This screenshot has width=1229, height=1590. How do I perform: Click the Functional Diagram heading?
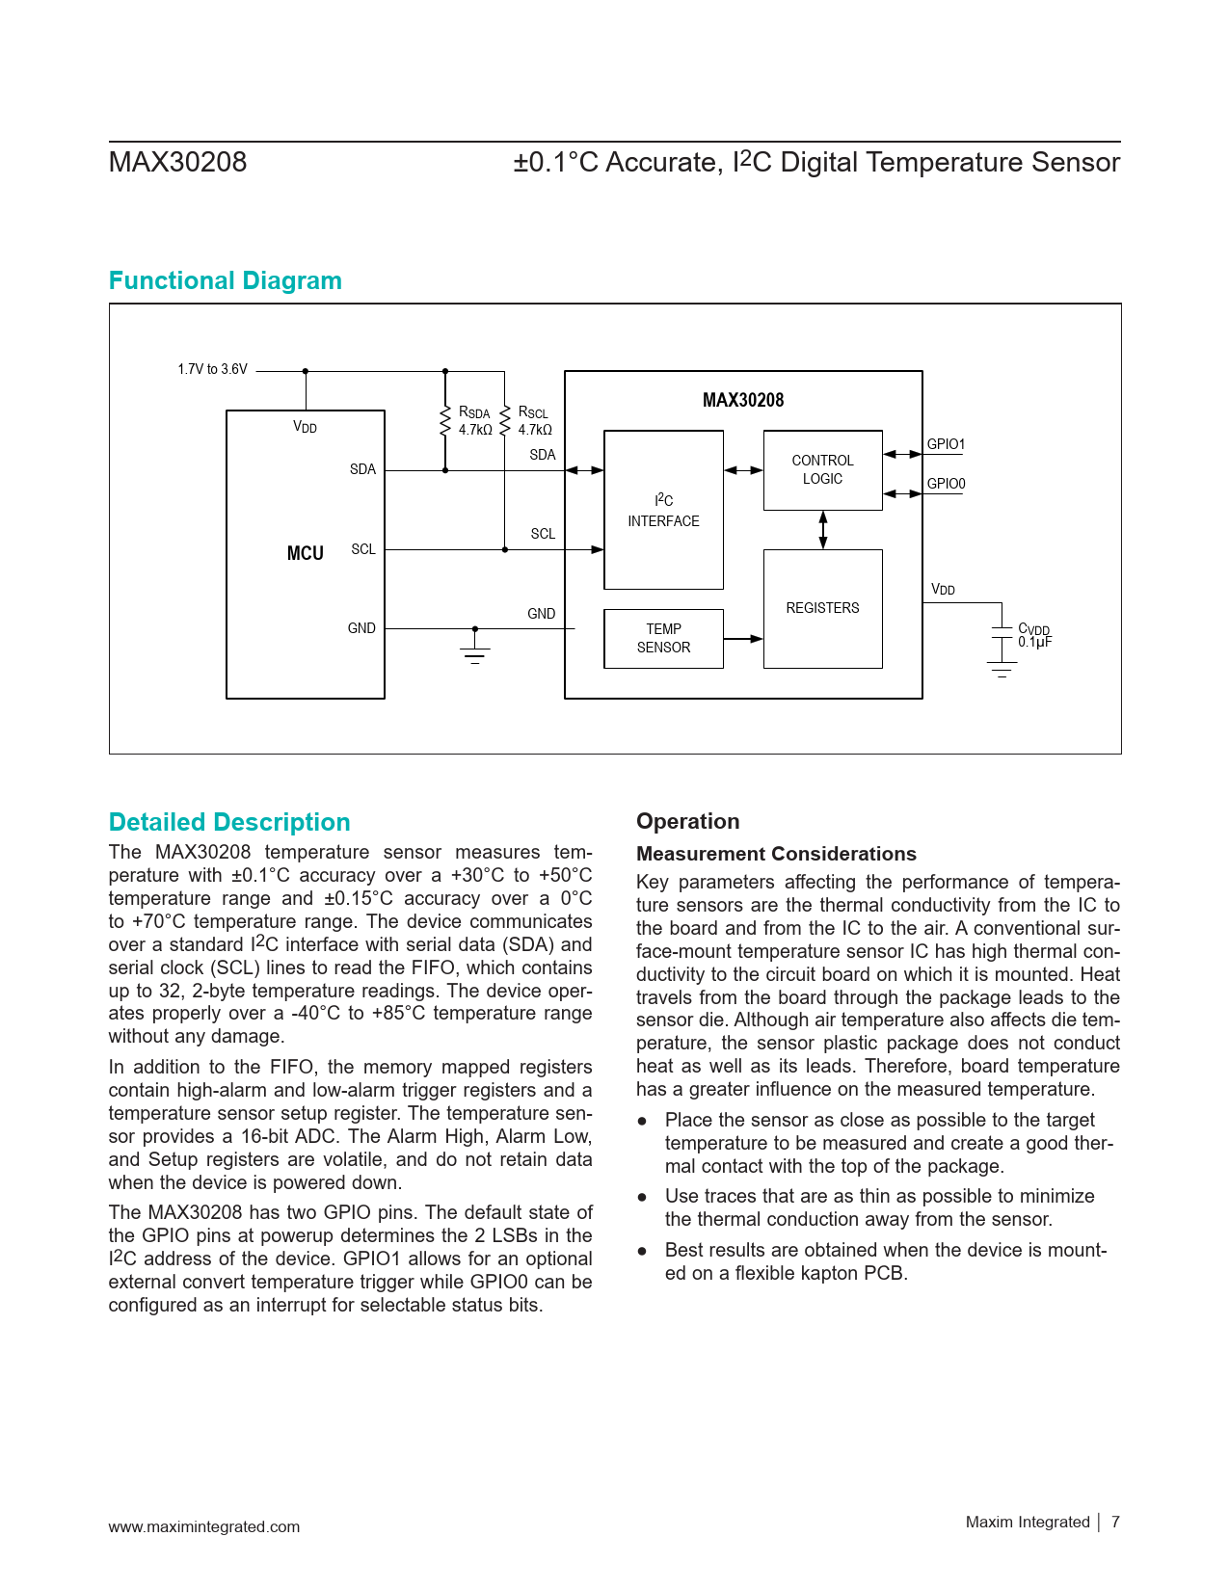(x=225, y=280)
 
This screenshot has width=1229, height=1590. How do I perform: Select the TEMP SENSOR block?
(x=663, y=638)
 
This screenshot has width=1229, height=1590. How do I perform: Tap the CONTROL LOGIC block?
(x=822, y=469)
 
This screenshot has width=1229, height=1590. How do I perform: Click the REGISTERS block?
(x=822, y=608)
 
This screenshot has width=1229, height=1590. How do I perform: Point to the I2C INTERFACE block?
(x=663, y=510)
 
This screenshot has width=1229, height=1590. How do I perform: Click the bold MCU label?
(x=305, y=553)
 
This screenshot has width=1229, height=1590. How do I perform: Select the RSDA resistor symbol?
(x=445, y=421)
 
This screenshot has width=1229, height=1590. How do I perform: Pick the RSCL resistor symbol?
(x=504, y=421)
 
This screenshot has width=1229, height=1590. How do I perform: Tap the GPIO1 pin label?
(x=946, y=444)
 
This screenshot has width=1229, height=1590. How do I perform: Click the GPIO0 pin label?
(x=946, y=484)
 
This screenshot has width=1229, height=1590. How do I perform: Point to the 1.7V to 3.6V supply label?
(x=212, y=369)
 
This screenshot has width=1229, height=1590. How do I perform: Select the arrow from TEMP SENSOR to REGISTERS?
(x=743, y=638)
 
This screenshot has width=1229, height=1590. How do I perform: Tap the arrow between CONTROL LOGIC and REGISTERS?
(x=822, y=530)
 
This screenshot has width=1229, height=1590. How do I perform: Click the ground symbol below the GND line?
(x=475, y=654)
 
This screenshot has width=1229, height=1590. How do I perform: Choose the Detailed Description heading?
(x=229, y=822)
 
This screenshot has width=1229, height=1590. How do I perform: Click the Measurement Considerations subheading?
(x=776, y=854)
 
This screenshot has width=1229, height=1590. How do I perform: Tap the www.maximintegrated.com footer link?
(x=203, y=1526)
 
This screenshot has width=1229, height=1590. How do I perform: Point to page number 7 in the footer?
(x=1115, y=1522)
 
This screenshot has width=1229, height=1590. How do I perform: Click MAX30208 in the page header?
(x=177, y=162)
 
